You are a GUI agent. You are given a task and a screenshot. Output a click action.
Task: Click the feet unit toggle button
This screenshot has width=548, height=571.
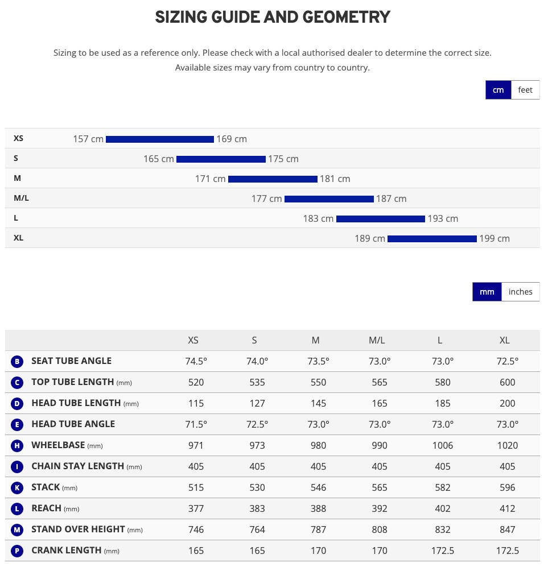[525, 90]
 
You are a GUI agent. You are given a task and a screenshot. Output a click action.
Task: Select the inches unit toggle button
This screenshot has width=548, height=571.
[520, 292]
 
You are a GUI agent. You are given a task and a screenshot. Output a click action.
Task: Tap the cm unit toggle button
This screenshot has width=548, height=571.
[498, 90]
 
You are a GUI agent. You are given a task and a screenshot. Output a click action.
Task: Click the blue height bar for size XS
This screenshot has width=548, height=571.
[159, 139]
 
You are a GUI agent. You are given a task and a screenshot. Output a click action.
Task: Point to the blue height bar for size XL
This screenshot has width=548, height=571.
[432, 239]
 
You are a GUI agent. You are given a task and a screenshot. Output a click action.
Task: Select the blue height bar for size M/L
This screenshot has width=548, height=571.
[329, 199]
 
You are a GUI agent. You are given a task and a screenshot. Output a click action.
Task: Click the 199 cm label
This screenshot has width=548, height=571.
[495, 239]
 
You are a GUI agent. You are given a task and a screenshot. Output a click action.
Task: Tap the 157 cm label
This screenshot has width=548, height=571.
[88, 139]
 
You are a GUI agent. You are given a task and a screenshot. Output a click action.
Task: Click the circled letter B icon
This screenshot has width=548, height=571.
[17, 361]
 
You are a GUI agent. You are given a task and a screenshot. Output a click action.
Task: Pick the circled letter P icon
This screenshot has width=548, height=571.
[17, 551]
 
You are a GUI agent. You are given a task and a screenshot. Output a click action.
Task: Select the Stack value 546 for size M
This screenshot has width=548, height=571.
[319, 487]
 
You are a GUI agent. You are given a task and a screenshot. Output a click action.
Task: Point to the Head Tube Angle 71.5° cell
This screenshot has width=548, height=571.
[196, 424]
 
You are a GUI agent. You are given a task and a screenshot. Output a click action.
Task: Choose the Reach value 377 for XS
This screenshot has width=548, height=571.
[196, 508]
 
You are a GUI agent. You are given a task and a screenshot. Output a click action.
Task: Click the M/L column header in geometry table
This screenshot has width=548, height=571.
[377, 340]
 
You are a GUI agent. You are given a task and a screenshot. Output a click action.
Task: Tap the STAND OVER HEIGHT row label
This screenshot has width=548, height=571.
[78, 529]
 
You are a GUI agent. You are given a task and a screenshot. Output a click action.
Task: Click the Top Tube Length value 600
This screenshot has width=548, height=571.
[507, 382]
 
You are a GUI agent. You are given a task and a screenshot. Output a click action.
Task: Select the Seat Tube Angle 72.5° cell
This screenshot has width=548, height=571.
[507, 361]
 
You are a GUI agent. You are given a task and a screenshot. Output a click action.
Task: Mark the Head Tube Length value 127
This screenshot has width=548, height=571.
[257, 403]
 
